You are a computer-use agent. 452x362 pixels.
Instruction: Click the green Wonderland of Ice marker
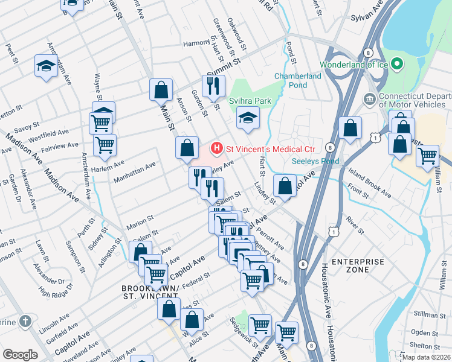(x=397, y=63)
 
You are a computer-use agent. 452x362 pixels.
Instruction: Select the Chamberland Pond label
(x=299, y=80)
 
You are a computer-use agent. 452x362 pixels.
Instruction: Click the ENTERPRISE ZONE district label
(x=358, y=265)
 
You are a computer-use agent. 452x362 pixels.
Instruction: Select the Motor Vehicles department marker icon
(x=370, y=98)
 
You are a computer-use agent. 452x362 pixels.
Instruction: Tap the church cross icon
(x=24, y=322)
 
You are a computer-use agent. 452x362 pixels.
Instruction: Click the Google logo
(x=20, y=354)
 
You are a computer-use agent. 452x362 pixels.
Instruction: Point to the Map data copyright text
(x=427, y=357)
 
